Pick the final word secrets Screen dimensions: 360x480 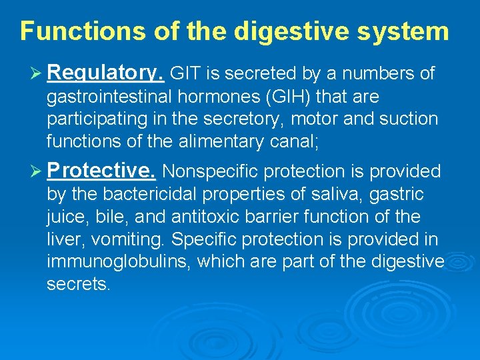tap(77, 284)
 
